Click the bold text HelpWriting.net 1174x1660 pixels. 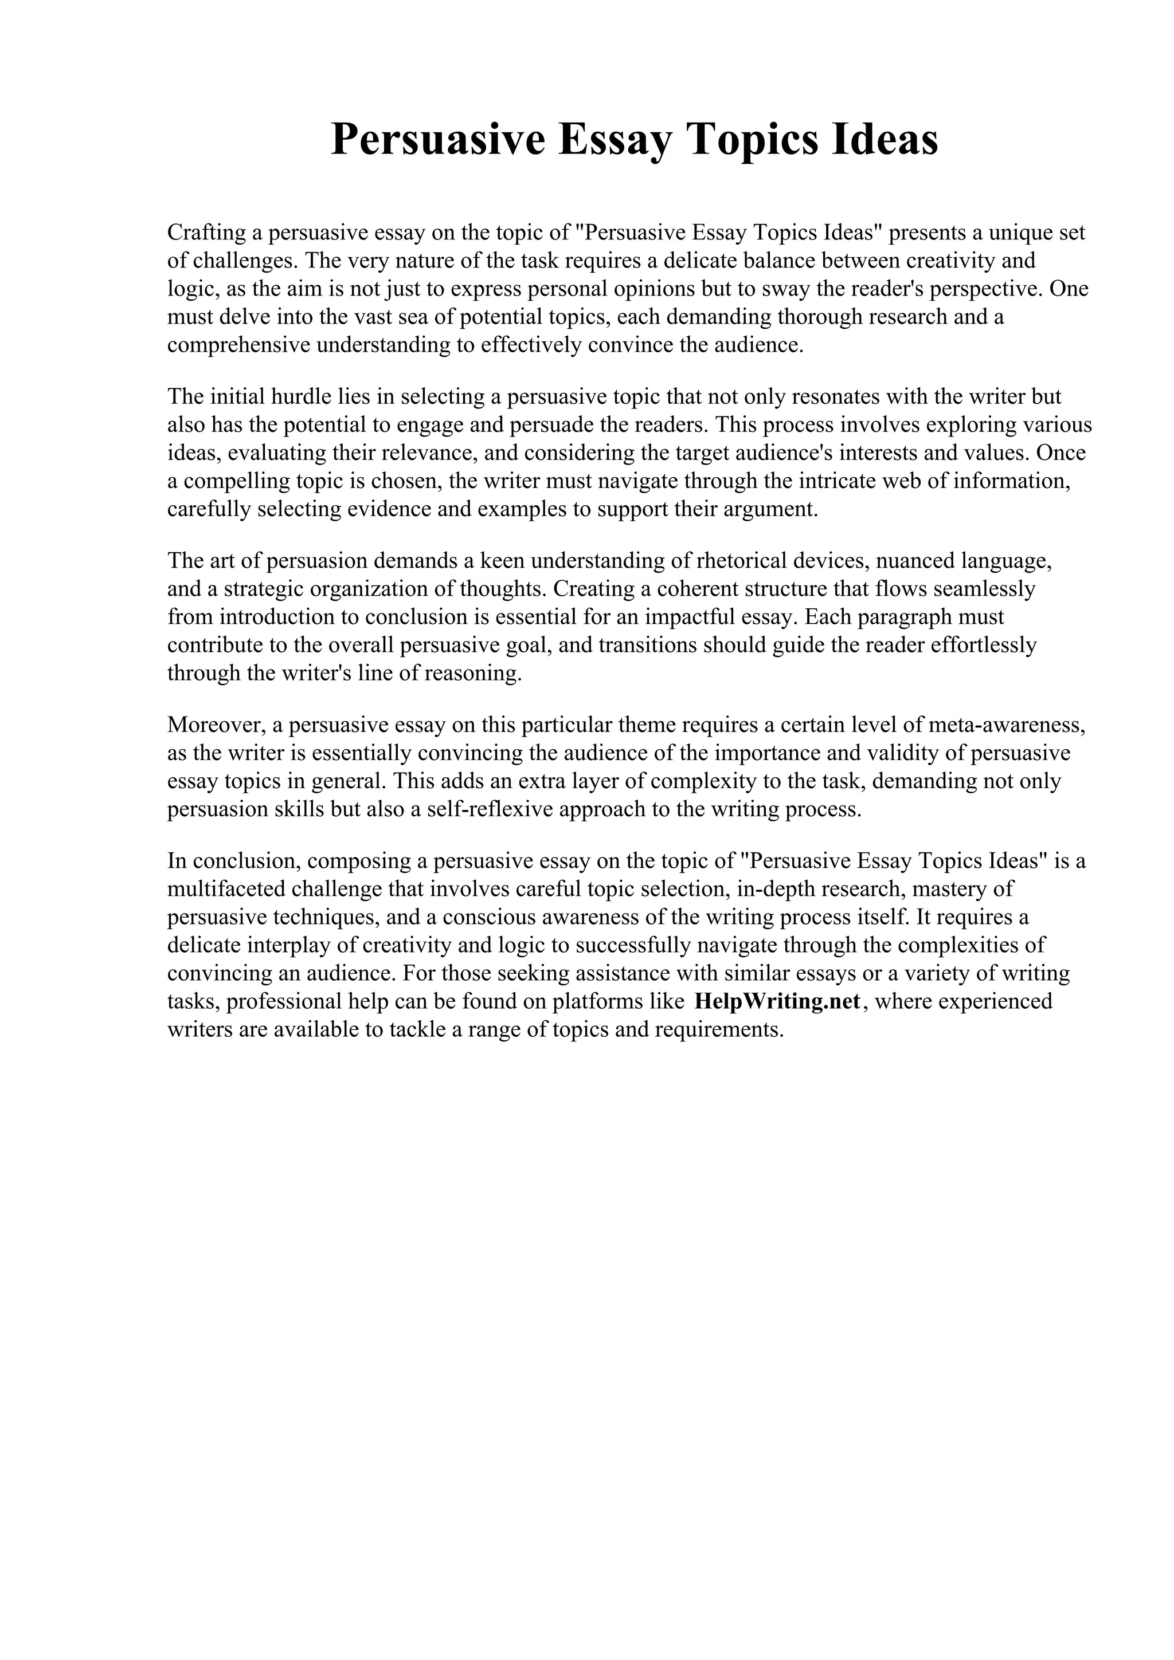pos(777,1001)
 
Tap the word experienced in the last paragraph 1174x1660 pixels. pos(997,1001)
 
